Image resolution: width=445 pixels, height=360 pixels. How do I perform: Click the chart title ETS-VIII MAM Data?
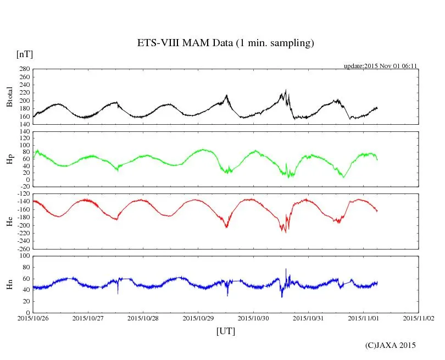[x=225, y=43]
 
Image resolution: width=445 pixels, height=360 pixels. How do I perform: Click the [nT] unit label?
[x=25, y=54]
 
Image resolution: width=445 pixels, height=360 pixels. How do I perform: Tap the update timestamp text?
[x=381, y=65]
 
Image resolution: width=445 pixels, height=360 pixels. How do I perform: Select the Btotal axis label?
[x=9, y=97]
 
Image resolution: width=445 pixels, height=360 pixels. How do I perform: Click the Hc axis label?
[x=9, y=221]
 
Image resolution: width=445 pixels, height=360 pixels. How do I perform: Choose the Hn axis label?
[x=9, y=284]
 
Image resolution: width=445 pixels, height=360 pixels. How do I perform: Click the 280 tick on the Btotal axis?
[x=24, y=69]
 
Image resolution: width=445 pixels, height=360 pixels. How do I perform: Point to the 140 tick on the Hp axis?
[x=24, y=132]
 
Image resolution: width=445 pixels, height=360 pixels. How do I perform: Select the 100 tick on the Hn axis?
[x=24, y=256]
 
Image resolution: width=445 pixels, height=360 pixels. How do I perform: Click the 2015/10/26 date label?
[x=33, y=318]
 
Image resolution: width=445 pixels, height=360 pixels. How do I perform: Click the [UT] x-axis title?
[x=225, y=331]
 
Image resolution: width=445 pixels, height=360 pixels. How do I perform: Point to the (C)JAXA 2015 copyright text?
[x=391, y=345]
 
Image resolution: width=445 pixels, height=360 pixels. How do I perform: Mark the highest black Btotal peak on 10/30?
[x=286, y=90]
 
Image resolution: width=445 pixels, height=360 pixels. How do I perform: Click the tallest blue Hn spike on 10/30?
[x=286, y=269]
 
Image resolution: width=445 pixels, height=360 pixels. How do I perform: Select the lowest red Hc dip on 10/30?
[x=285, y=232]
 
